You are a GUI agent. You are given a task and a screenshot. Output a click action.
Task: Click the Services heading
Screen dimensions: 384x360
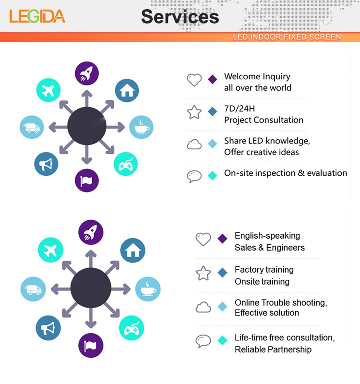coord(180,17)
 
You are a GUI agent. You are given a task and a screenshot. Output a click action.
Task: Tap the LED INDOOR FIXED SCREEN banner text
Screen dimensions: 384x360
coord(287,37)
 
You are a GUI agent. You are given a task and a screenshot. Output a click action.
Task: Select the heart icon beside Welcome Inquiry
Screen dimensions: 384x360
coord(194,80)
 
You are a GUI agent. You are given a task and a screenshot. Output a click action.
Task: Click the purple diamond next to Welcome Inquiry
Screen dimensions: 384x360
coord(213,80)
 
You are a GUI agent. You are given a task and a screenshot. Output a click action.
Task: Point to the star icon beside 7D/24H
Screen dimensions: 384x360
coord(194,112)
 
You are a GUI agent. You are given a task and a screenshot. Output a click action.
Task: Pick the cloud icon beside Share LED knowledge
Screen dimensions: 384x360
coord(194,144)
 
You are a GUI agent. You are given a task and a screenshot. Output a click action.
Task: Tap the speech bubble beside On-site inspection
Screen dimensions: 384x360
coord(194,176)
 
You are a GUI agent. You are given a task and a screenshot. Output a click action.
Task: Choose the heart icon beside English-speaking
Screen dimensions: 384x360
coord(204,239)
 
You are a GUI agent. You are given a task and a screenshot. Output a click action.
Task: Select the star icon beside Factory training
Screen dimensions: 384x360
coord(204,273)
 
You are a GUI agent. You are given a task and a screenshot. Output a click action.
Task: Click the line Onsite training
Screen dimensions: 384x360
coord(262,282)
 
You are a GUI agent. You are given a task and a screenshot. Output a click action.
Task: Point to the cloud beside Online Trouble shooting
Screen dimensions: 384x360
coord(204,307)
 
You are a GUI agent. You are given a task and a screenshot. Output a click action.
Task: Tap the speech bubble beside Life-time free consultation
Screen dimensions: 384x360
coord(204,341)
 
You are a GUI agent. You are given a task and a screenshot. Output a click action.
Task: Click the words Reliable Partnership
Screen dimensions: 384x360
coord(273,349)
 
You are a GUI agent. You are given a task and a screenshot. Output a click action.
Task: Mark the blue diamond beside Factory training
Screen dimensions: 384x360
coord(222,273)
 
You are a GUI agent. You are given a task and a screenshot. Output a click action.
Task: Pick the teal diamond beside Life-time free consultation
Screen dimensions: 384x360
coord(222,340)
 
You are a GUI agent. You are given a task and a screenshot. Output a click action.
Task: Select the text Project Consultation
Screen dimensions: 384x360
coord(264,120)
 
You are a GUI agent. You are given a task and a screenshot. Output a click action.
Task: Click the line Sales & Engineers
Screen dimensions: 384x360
coord(270,248)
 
